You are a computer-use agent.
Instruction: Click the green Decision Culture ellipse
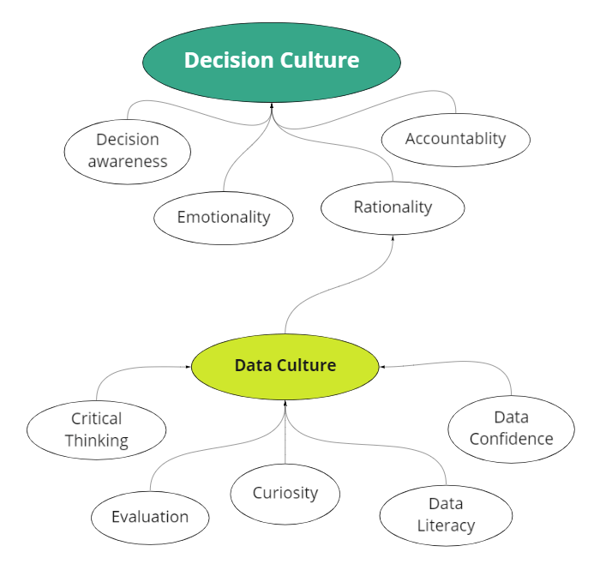[x=272, y=60]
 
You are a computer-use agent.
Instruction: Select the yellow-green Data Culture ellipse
[x=285, y=366]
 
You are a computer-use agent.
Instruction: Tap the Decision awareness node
[x=128, y=150]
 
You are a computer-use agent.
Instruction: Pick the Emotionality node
[x=224, y=217]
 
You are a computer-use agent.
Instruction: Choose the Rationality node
[x=393, y=207]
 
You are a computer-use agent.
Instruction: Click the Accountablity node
[x=455, y=139]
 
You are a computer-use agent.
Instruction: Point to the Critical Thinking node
[x=97, y=430]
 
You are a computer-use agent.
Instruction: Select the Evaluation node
[x=150, y=517]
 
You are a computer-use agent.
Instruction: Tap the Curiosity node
[x=285, y=493]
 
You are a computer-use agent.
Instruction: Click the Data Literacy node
[x=446, y=514]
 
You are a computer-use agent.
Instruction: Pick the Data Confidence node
[x=511, y=428]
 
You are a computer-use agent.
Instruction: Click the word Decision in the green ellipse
[x=227, y=60]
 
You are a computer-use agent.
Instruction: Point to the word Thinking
[x=97, y=441]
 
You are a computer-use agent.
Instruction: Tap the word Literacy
[x=446, y=525]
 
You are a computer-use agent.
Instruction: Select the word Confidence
[x=511, y=439]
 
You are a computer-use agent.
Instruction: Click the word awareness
[x=128, y=161]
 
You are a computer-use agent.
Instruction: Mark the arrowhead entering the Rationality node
[x=393, y=237]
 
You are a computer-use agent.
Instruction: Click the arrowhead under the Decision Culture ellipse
[x=272, y=106]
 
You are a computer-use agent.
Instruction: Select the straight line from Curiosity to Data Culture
[x=285, y=437]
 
